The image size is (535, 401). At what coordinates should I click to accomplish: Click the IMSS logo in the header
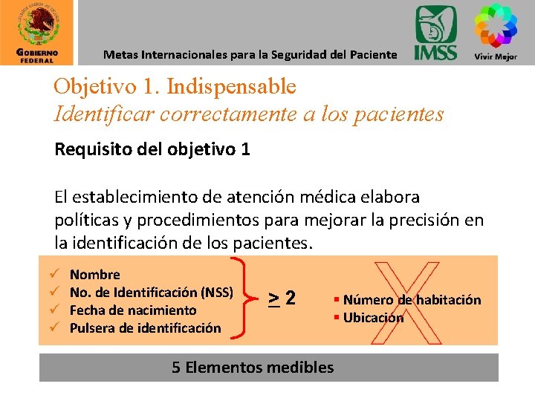(435, 33)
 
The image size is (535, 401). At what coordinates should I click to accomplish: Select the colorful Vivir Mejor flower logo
(496, 30)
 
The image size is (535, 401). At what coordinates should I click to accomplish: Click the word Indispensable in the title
(231, 87)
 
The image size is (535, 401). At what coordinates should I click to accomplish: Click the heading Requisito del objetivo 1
(152, 149)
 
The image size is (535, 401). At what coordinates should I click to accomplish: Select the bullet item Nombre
(94, 275)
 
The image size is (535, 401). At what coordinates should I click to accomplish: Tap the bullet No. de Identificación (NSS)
(152, 292)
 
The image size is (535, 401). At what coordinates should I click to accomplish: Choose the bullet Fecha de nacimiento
(133, 310)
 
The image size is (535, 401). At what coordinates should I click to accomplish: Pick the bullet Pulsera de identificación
(145, 327)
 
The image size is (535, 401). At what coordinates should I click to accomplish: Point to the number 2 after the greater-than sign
(290, 298)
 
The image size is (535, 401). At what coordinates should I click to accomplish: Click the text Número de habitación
(412, 300)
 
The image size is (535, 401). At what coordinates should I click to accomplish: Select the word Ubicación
(373, 318)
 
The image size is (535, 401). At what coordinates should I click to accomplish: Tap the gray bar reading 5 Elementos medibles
(268, 367)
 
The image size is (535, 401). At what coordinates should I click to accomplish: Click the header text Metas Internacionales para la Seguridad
(250, 54)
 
